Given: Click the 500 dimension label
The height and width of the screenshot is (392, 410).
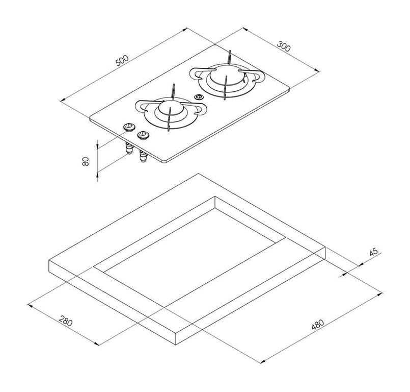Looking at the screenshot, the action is coord(122,61).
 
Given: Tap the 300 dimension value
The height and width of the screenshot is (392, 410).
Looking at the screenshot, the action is coord(284,46).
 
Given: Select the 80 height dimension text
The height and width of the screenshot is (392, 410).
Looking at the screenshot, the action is coord(86,161).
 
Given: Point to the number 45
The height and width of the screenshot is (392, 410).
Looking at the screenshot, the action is coord(374,252).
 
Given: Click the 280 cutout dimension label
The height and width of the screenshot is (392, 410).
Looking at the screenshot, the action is coord(65,321).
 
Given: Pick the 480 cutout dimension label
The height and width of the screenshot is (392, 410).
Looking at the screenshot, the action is coord(318,325).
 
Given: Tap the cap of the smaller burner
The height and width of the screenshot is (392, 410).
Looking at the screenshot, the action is coord(170,107).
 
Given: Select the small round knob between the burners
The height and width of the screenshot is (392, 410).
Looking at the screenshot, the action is coord(199,97).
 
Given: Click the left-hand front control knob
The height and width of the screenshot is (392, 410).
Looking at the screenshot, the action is coord(129,127).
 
